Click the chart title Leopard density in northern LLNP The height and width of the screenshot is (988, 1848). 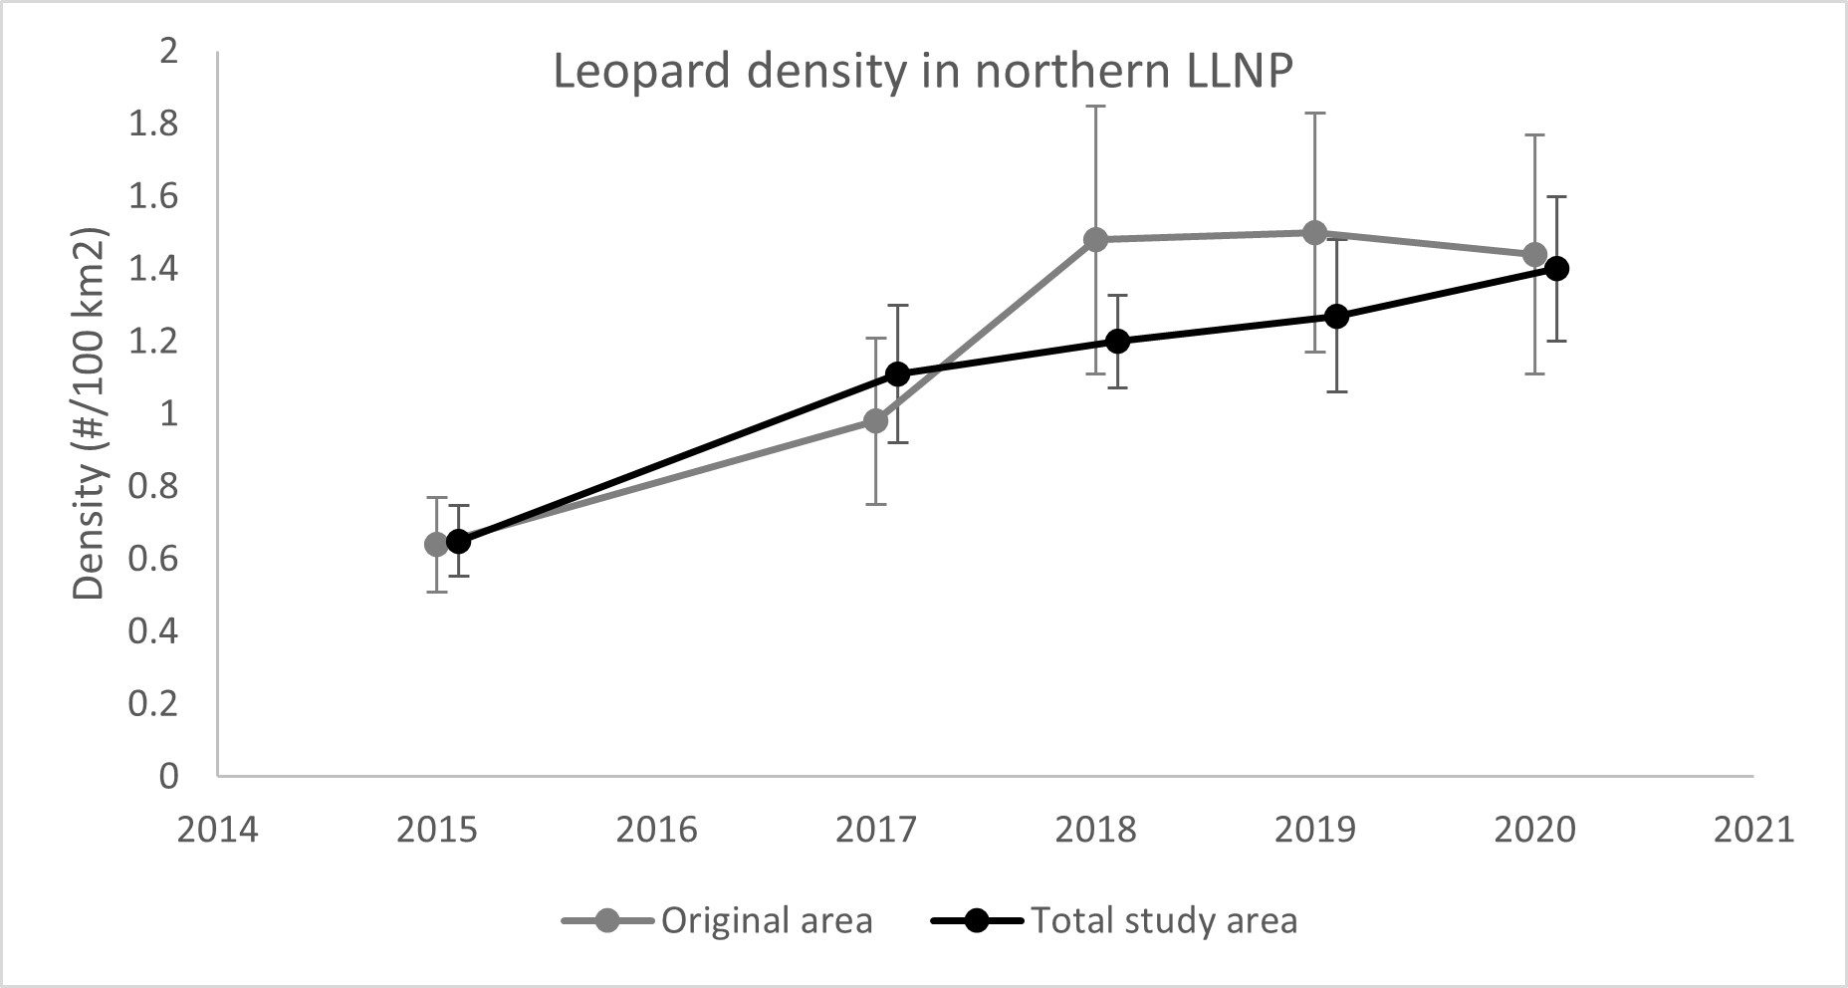coord(923,73)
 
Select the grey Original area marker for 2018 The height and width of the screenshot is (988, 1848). coord(1095,239)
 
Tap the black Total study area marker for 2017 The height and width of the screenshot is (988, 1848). coord(898,373)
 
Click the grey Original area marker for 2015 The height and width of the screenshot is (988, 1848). coord(436,544)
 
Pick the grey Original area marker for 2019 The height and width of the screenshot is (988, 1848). coord(1315,232)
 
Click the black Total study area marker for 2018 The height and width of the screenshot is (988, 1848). coord(1118,341)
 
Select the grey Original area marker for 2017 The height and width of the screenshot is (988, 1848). coord(876,420)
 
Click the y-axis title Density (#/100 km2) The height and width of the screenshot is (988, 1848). coord(90,414)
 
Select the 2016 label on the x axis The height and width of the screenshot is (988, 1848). coord(656,829)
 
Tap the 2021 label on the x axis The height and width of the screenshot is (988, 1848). coord(1753,829)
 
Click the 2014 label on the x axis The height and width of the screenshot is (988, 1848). coord(217,829)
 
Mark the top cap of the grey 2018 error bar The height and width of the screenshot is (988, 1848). coord(1095,106)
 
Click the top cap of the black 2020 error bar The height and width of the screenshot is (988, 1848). coord(1557,196)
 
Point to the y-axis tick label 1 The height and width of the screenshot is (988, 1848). coord(167,413)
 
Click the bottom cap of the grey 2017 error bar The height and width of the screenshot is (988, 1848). coord(876,504)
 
